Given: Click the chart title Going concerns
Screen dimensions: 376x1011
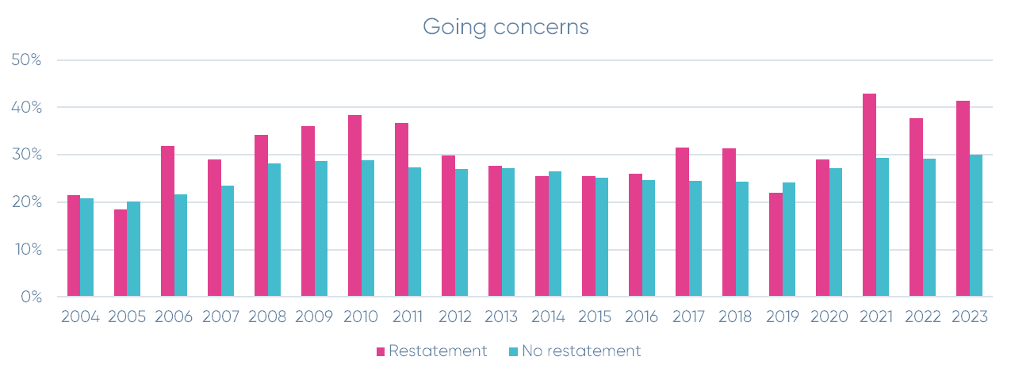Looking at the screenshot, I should [505, 26].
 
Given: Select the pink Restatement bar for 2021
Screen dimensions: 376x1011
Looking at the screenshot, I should [869, 195].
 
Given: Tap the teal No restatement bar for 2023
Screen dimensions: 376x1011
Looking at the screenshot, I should [975, 225].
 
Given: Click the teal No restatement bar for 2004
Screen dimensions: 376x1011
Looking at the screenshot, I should [87, 247].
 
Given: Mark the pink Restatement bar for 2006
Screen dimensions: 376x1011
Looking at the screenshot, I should [167, 221].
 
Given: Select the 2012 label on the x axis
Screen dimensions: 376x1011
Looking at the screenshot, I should [454, 317].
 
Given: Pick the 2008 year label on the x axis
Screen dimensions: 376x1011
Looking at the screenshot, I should [267, 317].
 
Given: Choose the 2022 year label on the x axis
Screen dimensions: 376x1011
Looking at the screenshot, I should [922, 317].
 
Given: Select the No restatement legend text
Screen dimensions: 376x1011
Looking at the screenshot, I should [580, 351].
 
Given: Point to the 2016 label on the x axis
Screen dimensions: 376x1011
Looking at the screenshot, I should [641, 317].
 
